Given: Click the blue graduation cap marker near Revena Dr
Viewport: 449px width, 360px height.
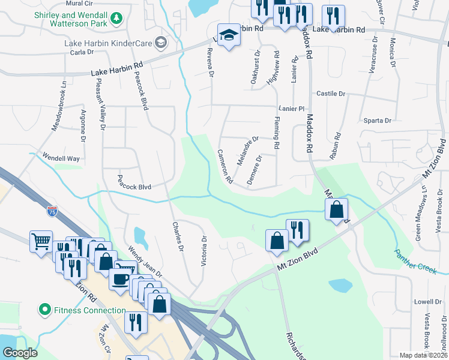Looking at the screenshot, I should (x=228, y=37).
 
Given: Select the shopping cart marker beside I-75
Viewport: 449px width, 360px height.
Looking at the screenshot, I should (x=41, y=242).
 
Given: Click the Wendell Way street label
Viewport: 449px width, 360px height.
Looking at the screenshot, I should (x=61, y=158).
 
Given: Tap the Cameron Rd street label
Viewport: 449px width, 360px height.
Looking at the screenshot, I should (x=224, y=166).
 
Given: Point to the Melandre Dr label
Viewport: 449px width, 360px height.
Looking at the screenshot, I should (x=247, y=147).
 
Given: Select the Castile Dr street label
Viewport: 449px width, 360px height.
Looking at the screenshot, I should (x=331, y=94).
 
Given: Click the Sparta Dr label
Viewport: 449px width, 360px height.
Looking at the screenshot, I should (x=378, y=121).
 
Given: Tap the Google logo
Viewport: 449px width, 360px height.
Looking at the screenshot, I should (x=20, y=353).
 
